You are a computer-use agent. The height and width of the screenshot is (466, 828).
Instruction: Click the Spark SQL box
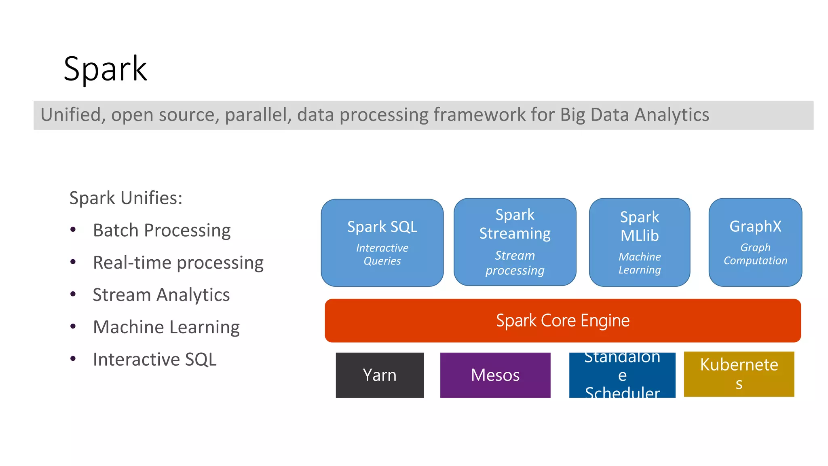382,242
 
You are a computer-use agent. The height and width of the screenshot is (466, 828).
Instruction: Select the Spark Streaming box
515,242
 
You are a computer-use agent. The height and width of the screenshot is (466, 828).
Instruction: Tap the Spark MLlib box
639,242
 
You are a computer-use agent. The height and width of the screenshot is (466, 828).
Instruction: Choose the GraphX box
755,242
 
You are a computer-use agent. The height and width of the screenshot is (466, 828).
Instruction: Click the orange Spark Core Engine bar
562,320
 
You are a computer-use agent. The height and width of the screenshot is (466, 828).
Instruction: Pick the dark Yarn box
379,375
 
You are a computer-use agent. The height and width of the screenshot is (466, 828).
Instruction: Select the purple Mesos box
495,375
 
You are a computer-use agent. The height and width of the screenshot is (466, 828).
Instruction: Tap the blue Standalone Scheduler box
622,375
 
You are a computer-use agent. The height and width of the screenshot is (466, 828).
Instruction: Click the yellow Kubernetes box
739,374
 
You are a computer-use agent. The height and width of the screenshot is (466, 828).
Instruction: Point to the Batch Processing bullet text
162,230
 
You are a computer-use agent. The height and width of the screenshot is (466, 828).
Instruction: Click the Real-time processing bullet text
178,263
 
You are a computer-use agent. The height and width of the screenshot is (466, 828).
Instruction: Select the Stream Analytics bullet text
161,294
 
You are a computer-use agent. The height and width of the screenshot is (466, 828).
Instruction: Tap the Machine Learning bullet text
166,327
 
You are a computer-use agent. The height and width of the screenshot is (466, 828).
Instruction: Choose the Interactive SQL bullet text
154,359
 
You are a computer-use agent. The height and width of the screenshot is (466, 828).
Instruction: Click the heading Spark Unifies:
126,198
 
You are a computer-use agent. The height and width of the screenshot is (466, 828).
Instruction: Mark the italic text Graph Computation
755,254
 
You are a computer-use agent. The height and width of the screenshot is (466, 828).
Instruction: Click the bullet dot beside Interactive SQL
73,359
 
